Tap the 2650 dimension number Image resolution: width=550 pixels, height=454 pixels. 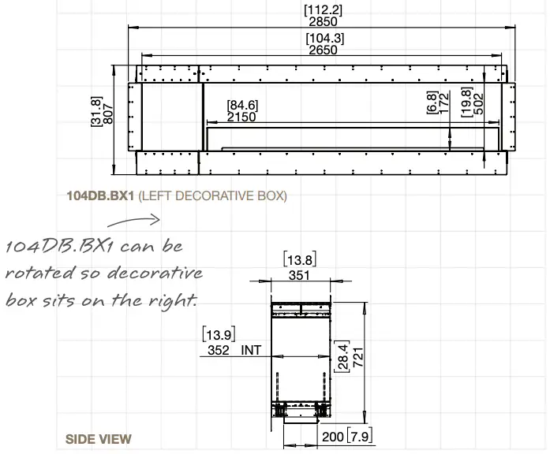click(323, 50)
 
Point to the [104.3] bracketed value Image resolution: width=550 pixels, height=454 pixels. click(324, 39)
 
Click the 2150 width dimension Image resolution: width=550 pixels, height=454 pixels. click(241, 117)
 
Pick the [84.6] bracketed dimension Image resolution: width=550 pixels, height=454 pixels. click(242, 105)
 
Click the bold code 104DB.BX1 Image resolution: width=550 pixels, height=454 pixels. click(100, 195)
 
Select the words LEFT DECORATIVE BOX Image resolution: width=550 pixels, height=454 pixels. click(213, 195)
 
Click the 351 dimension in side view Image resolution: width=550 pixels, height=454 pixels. click(299, 276)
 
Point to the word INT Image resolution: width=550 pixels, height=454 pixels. click(253, 348)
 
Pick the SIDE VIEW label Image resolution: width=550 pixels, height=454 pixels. click(99, 439)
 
